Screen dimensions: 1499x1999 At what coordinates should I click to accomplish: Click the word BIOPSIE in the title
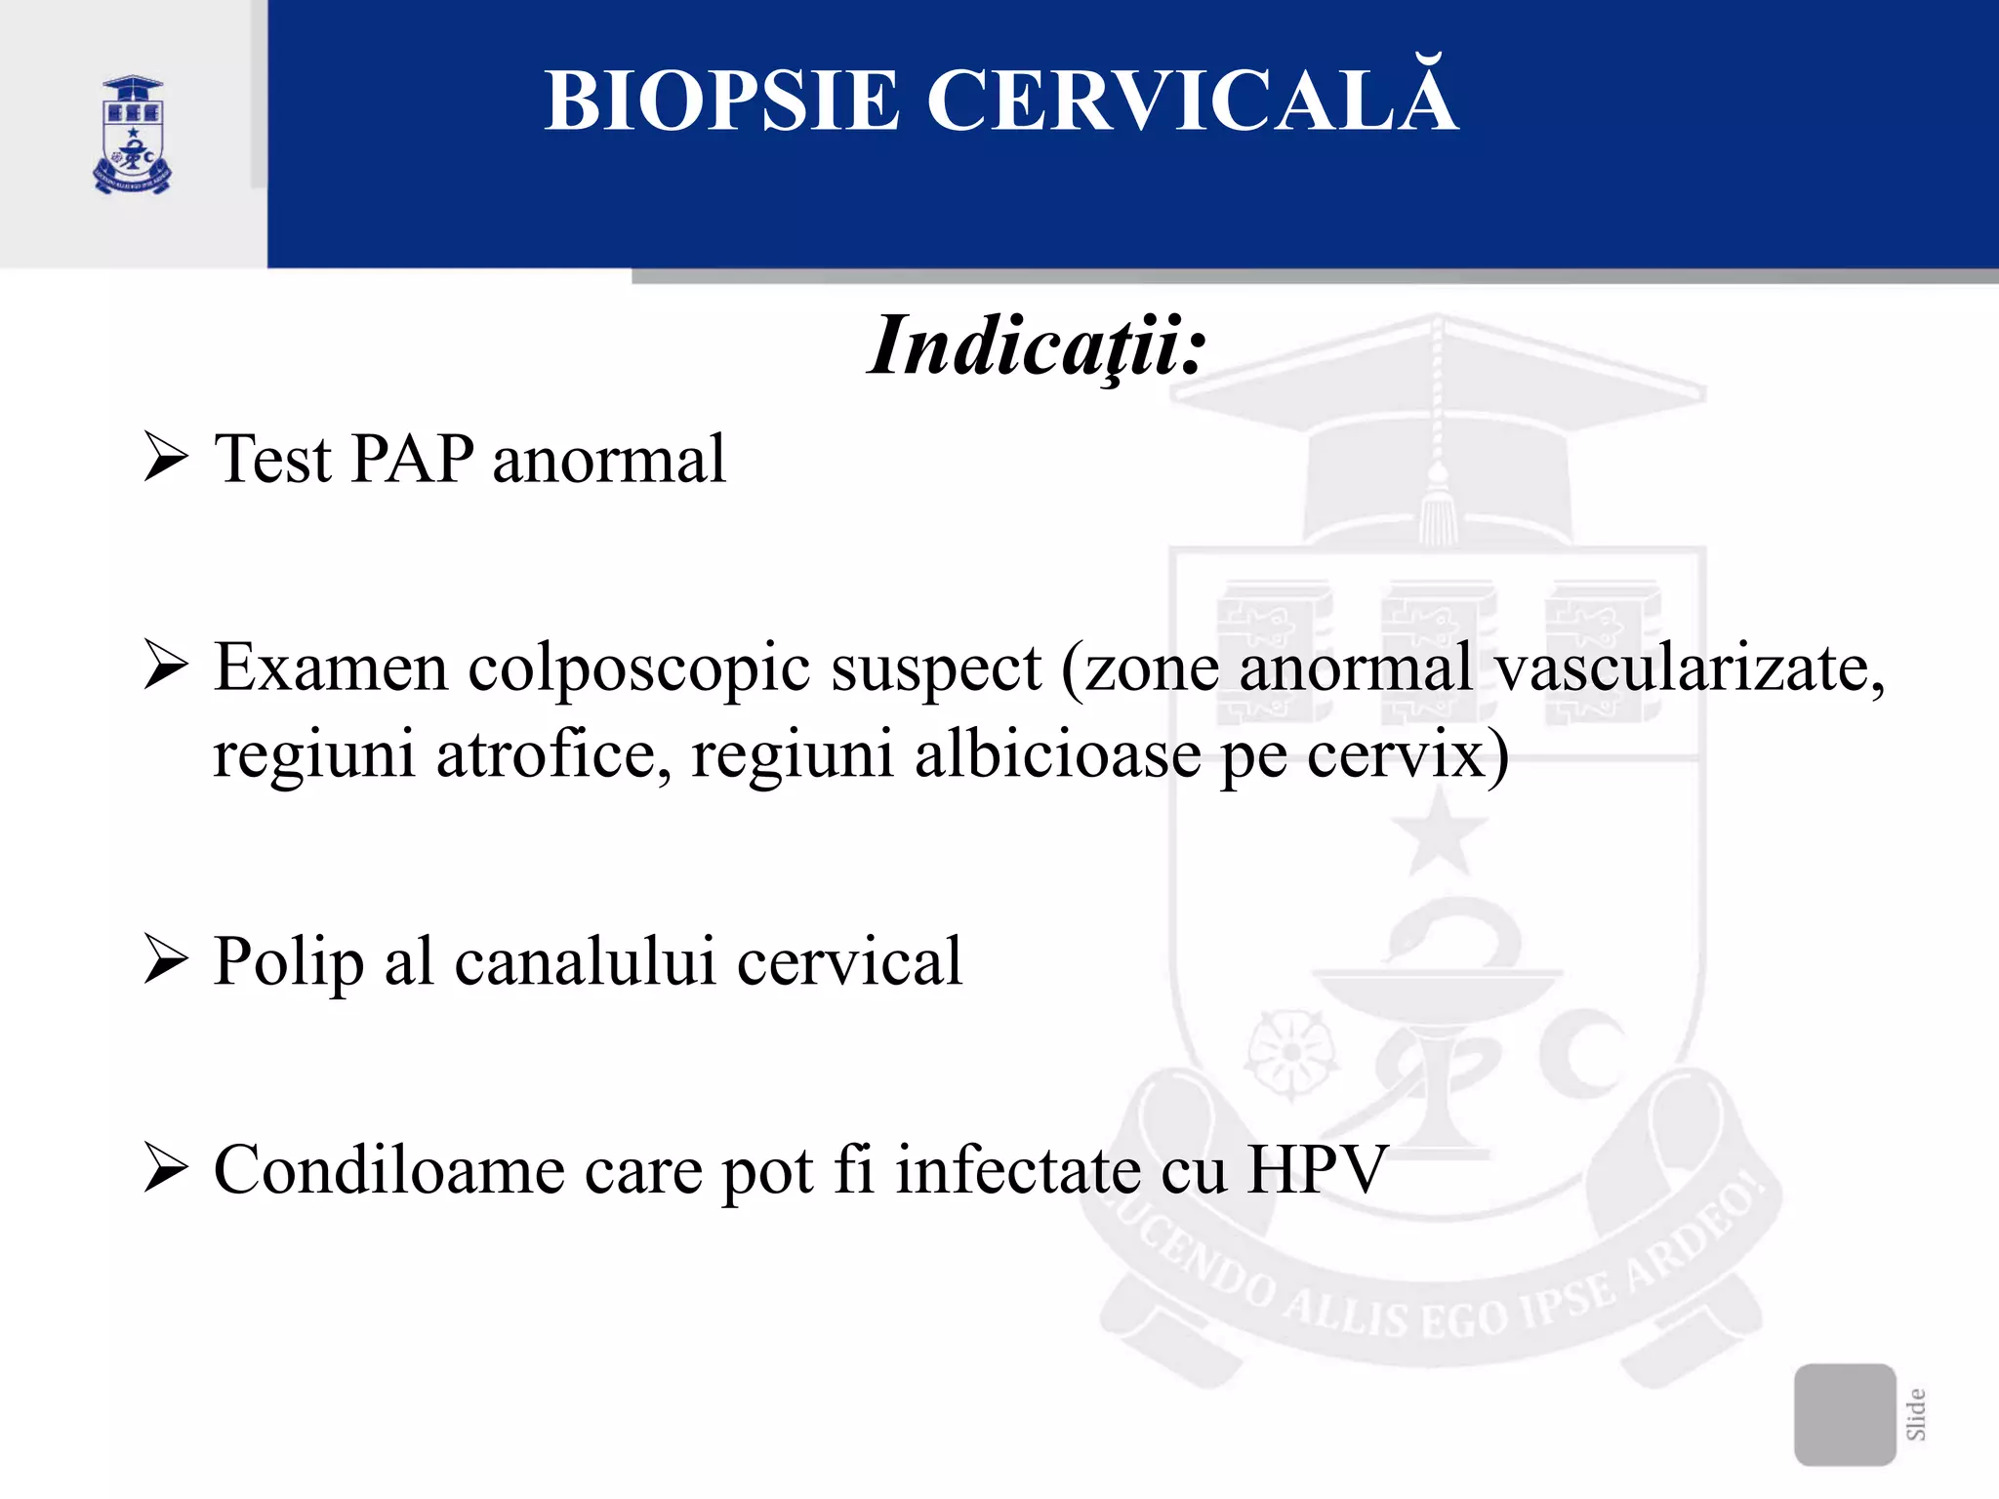pyautogui.click(x=721, y=101)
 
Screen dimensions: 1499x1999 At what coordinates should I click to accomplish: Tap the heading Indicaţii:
pyautogui.click(x=1038, y=346)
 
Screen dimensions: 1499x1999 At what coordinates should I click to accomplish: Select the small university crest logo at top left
pyautogui.click(x=133, y=135)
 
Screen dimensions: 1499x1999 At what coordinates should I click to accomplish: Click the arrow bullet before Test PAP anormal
pyautogui.click(x=166, y=458)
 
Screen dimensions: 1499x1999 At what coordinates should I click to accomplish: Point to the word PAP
pyautogui.click(x=412, y=458)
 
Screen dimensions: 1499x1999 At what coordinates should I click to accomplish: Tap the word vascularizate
pyautogui.click(x=1690, y=668)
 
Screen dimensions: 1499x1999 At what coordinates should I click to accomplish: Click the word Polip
pyautogui.click(x=289, y=962)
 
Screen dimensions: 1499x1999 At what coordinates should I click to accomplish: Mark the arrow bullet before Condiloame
pyautogui.click(x=166, y=1168)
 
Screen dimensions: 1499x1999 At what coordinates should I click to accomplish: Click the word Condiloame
pyautogui.click(x=389, y=1169)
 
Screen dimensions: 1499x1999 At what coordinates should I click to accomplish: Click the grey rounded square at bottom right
pyautogui.click(x=1844, y=1414)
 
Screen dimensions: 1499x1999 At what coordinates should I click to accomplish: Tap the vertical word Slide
pyautogui.click(x=1916, y=1414)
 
